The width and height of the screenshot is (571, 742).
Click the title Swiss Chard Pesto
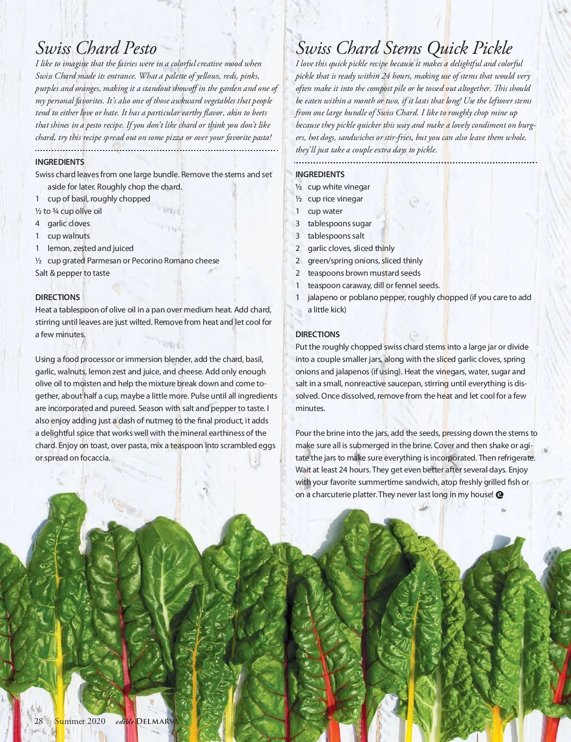point(96,48)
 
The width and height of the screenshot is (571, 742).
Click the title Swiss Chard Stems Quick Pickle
point(404,48)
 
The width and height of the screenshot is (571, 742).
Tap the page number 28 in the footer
point(39,721)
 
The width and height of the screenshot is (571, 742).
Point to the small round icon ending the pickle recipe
point(499,495)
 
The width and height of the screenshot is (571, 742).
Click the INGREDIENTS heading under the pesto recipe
point(59,162)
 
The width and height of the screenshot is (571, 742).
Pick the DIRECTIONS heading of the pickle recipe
point(317,334)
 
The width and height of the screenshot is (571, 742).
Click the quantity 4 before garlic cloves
point(37,223)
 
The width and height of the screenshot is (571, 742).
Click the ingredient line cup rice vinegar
point(335,199)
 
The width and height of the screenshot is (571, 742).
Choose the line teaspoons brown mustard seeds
point(364,273)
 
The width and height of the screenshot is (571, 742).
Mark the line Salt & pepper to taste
point(72,273)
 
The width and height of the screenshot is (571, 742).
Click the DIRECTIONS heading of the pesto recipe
point(58,297)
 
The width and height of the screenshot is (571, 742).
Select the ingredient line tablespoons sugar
point(339,223)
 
